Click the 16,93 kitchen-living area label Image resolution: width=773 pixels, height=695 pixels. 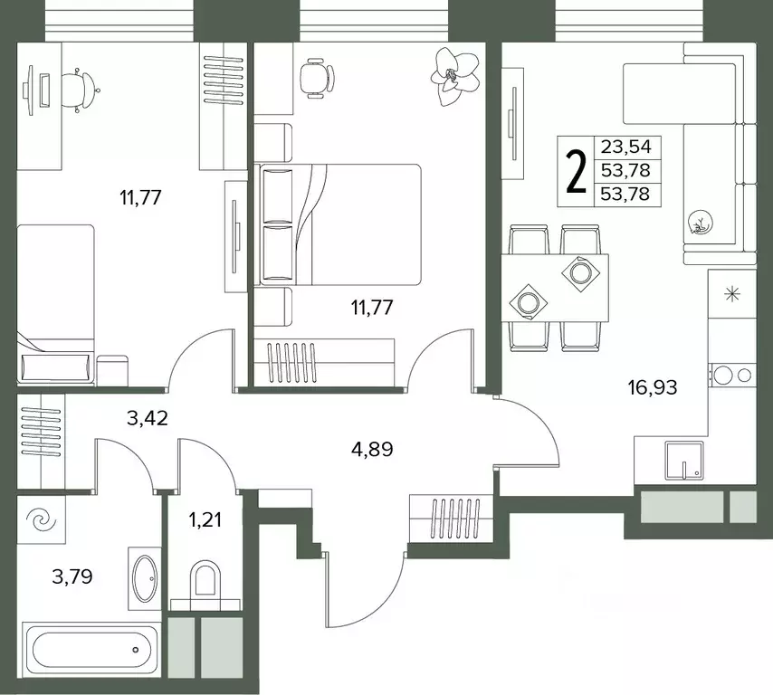653,388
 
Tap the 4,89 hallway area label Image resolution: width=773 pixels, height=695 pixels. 372,450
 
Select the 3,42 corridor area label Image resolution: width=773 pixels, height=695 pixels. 148,418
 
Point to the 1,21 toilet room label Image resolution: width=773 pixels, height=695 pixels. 205,519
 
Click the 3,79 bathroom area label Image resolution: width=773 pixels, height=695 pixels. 72,576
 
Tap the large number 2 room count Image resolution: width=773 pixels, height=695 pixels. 577,171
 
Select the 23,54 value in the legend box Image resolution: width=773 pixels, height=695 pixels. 625,147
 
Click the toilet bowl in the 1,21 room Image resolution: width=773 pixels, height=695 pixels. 205,577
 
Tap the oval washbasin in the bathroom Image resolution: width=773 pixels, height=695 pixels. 145,578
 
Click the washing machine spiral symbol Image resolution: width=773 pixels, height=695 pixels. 41,519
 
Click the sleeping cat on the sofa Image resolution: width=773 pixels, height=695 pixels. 701,222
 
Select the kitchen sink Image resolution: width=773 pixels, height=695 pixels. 683,461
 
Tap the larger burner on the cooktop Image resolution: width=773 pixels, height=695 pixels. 721,376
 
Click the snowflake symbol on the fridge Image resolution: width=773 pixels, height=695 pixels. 732,294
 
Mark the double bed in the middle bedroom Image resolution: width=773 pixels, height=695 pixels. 340,224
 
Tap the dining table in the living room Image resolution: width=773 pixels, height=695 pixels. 555,288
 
